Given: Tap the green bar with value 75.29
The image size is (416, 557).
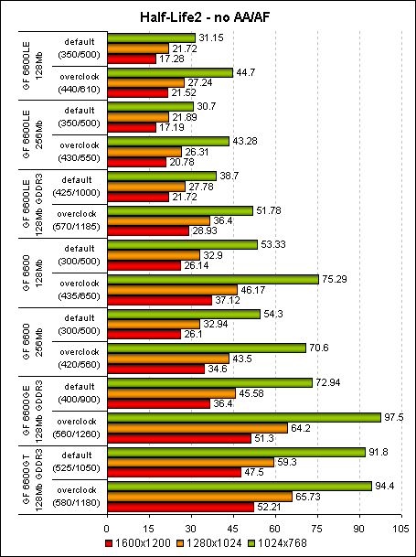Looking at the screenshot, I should [212, 279].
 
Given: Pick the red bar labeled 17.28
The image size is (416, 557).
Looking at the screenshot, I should [131, 59].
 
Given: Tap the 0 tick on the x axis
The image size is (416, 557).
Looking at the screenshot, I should [107, 528].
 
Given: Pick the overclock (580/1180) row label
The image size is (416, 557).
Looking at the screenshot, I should [76, 496].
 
